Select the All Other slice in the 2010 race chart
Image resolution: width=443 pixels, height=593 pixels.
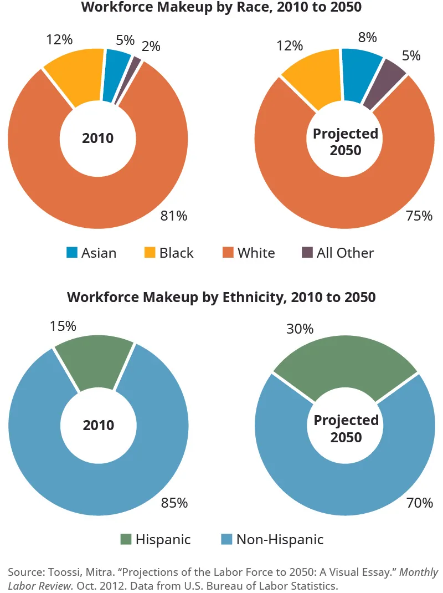click(x=136, y=63)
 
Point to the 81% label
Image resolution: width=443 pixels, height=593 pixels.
click(x=173, y=216)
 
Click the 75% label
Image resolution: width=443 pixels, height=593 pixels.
click(x=419, y=216)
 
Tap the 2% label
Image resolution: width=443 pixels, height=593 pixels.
click(x=151, y=47)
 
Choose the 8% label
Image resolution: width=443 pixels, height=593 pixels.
click(x=367, y=37)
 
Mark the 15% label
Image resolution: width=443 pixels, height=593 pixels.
click(x=63, y=326)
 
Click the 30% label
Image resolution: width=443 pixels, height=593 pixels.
click(x=300, y=329)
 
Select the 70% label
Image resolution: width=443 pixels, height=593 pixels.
click(x=419, y=503)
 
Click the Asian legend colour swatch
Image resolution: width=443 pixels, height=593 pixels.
click(x=71, y=253)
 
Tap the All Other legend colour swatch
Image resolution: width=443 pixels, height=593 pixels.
click(x=307, y=253)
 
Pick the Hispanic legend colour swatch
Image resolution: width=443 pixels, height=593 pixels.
click(x=126, y=539)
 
